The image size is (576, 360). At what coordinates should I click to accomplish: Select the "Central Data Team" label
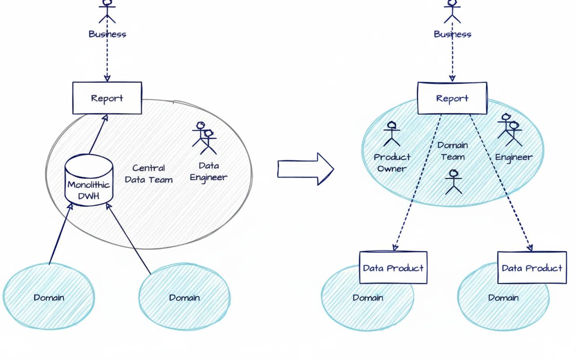(x=148, y=174)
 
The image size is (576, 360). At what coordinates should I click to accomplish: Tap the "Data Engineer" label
(x=208, y=171)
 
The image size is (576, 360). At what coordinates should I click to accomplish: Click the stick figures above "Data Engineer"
(x=205, y=137)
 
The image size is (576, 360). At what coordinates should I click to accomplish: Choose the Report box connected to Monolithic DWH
(x=107, y=98)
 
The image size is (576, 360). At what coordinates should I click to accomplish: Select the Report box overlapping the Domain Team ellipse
(x=452, y=98)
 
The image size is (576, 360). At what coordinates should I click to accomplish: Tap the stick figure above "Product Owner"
(x=391, y=134)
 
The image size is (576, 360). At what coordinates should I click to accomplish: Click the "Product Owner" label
(x=392, y=162)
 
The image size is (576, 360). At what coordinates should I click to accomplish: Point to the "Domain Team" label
(x=453, y=151)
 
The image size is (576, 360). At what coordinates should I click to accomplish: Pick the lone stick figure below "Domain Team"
(x=453, y=182)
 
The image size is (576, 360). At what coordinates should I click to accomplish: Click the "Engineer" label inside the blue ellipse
(x=513, y=157)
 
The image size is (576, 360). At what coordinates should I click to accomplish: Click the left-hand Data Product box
(x=393, y=268)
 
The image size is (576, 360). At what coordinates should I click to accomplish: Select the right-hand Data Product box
(x=531, y=268)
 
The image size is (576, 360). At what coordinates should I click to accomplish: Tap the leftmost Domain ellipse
(x=49, y=297)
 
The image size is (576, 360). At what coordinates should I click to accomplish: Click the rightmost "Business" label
(x=452, y=34)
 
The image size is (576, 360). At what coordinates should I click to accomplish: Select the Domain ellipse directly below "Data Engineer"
(x=184, y=297)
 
